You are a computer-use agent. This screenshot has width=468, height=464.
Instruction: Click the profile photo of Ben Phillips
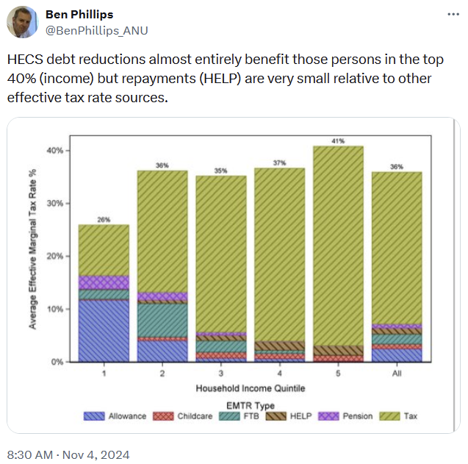pos(23,22)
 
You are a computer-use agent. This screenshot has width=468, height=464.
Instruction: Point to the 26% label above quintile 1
pos(104,219)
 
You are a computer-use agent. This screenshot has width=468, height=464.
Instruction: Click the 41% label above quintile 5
pos(339,140)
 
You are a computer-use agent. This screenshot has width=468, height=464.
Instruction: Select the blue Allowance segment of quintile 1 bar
pos(104,331)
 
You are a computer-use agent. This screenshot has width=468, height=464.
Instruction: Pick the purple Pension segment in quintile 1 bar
pos(104,282)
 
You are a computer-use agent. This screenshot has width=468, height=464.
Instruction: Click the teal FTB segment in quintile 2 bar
pos(162,320)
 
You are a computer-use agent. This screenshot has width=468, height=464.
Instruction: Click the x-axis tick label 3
pos(221,374)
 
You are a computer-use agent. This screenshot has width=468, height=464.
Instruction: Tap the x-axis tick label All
pos(397,374)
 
